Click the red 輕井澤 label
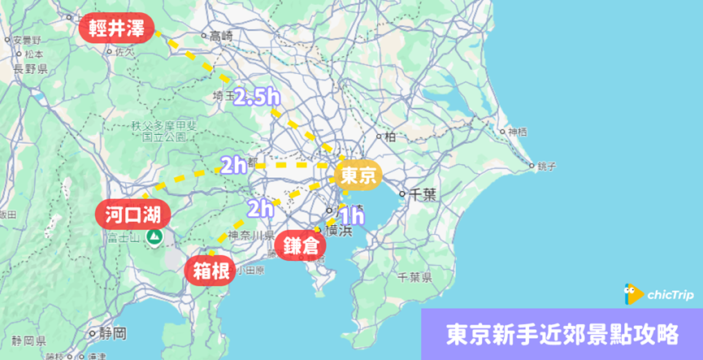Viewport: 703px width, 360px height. tap(116, 28)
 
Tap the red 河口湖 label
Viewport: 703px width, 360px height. tap(133, 215)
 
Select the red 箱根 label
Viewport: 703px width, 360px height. tap(210, 271)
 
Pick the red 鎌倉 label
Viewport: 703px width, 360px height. tap(301, 245)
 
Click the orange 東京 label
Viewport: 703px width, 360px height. tap(358, 175)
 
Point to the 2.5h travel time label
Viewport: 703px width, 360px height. tap(257, 98)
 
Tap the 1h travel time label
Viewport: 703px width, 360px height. tap(351, 216)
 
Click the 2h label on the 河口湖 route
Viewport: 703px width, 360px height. tap(233, 166)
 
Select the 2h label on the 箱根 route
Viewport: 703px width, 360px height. tap(260, 209)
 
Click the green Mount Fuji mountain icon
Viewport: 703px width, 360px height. tap(154, 237)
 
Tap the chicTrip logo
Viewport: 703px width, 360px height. tap(659, 293)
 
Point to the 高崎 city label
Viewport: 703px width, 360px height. tap(220, 36)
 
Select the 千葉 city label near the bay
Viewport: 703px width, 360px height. tap(423, 194)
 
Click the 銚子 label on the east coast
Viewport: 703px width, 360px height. tap(546, 167)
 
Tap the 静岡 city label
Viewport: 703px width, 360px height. tap(112, 333)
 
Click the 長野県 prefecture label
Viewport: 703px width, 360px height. tap(30, 69)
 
